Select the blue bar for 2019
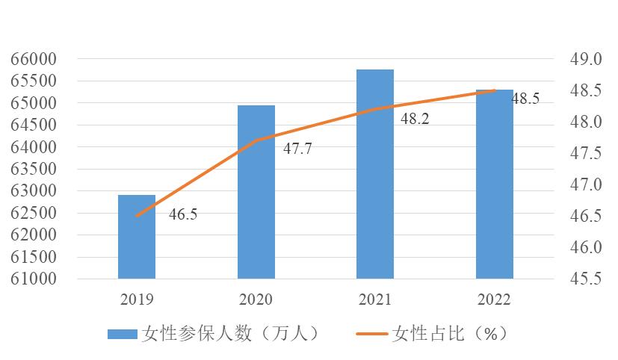point(137,237)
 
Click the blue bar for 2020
point(256,192)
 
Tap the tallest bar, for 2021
point(375,174)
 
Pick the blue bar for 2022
point(495,184)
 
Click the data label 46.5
point(182,214)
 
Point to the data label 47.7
point(297,148)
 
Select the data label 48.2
point(415,118)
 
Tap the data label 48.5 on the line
point(525,99)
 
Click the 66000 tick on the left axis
point(34,59)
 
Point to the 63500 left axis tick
point(34,169)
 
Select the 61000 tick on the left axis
point(34,279)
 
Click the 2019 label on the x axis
point(137,300)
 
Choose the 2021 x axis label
point(375,300)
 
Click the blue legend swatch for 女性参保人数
point(123,334)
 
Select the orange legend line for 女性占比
point(368,334)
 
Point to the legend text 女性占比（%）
point(449,334)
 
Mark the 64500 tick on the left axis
point(34,125)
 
